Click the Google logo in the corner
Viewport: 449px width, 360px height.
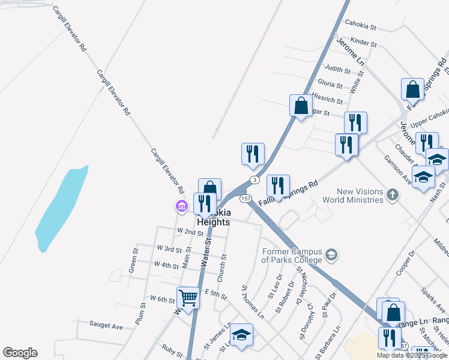click(x=20, y=353)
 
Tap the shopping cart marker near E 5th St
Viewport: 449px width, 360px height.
click(x=188, y=298)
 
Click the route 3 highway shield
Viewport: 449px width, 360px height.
click(x=255, y=179)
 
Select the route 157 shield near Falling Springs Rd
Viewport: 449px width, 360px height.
click(x=245, y=199)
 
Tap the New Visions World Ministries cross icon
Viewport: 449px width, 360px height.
click(x=392, y=194)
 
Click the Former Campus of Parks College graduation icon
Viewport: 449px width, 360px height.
click(x=331, y=256)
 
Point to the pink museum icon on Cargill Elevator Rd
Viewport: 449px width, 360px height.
click(x=181, y=207)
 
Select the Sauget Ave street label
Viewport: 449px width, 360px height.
click(x=106, y=326)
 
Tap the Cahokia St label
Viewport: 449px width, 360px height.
click(x=360, y=27)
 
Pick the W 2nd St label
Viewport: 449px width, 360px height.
click(x=190, y=232)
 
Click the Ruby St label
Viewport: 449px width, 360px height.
click(x=172, y=349)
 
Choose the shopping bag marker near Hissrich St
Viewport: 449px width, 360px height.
click(x=301, y=106)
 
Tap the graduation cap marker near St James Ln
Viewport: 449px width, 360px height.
click(x=241, y=335)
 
